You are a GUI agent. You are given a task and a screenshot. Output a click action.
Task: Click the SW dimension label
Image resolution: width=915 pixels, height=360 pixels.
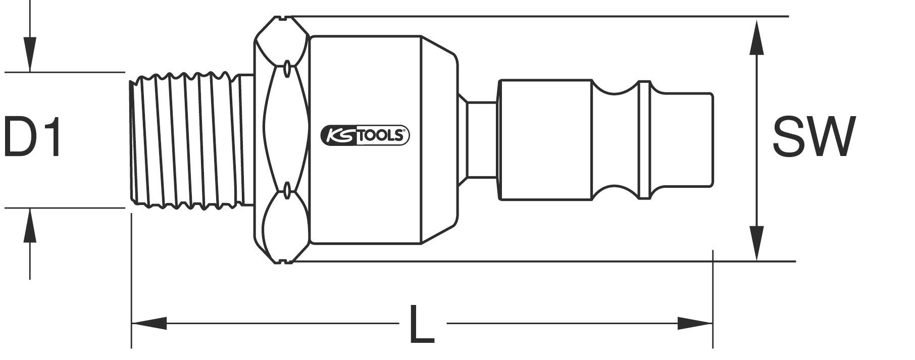814,136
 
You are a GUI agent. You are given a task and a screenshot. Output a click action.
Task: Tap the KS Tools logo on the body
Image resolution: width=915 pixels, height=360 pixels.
365,135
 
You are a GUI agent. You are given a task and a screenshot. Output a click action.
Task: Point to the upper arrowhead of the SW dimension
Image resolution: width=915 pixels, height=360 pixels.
756,38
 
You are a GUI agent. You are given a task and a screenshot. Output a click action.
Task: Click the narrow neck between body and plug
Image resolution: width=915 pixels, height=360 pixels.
481,140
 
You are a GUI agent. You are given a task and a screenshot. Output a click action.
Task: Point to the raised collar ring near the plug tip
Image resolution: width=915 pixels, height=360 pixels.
643,140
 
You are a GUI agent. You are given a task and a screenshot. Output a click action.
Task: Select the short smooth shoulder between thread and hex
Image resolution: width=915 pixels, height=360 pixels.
245,140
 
